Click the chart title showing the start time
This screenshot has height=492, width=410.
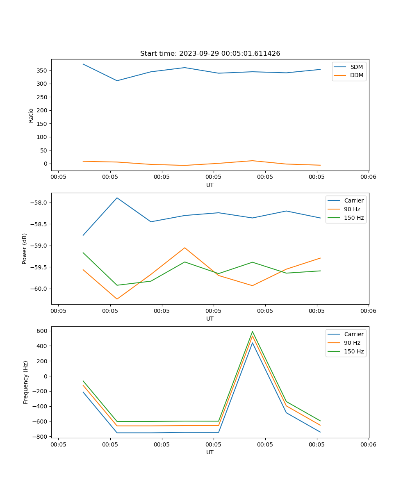pyautogui.click(x=210, y=54)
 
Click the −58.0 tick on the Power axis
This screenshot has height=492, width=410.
pyautogui.click(x=39, y=203)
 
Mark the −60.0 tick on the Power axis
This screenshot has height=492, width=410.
pyautogui.click(x=39, y=289)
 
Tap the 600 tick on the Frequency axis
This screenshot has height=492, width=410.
pyautogui.click(x=42, y=331)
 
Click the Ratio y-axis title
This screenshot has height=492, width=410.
pyautogui.click(x=31, y=115)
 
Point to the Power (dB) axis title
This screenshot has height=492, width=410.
pyautogui.click(x=25, y=248)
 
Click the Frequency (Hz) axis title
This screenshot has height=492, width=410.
pyautogui.click(x=26, y=382)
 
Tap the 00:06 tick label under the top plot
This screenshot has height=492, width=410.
pyautogui.click(x=368, y=177)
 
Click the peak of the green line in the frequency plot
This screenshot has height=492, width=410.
pyautogui.click(x=253, y=332)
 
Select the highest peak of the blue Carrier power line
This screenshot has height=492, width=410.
pyautogui.click(x=117, y=198)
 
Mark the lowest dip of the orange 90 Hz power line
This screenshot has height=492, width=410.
pyautogui.click(x=117, y=299)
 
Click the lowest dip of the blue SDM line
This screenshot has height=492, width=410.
pyautogui.click(x=117, y=81)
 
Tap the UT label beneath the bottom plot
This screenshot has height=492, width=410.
pyautogui.click(x=210, y=452)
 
